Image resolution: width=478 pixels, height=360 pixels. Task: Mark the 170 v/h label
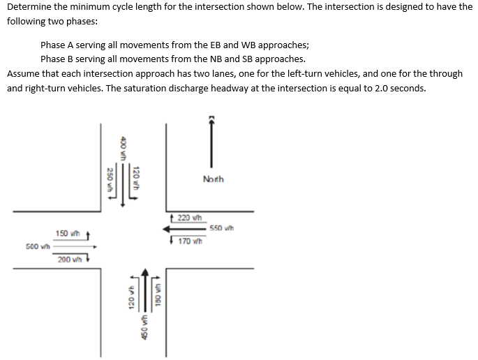pos(189,241)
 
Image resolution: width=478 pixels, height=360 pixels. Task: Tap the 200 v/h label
pos(70,260)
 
